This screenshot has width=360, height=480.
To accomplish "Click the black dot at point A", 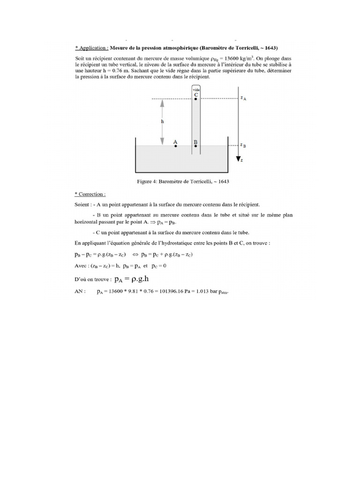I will (x=176, y=146).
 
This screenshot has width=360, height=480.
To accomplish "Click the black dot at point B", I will (x=196, y=146).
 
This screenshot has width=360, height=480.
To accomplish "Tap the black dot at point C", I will (x=196, y=99).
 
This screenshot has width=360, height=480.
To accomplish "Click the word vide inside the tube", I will (x=196, y=89).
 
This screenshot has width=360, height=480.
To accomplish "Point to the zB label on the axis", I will (x=243, y=145).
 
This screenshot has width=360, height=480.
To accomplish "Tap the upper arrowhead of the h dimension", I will (x=162, y=105).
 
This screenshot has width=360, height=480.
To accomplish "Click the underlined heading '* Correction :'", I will (x=90, y=194).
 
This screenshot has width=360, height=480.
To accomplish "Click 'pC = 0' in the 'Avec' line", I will (x=158, y=265).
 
